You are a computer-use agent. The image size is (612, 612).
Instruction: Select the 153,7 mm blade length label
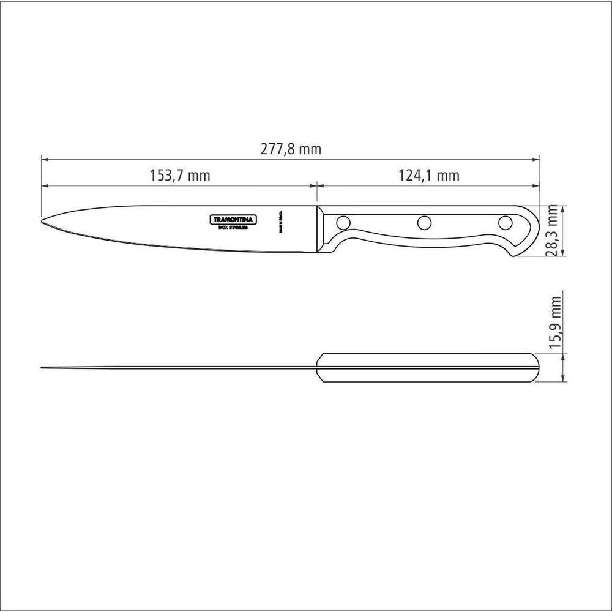click(179, 176)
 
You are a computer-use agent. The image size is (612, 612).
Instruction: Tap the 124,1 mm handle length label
click(429, 176)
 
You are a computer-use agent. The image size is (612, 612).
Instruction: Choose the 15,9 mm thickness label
click(554, 323)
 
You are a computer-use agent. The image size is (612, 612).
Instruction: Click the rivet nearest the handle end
click(505, 222)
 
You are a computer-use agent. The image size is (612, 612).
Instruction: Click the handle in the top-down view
click(428, 367)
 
